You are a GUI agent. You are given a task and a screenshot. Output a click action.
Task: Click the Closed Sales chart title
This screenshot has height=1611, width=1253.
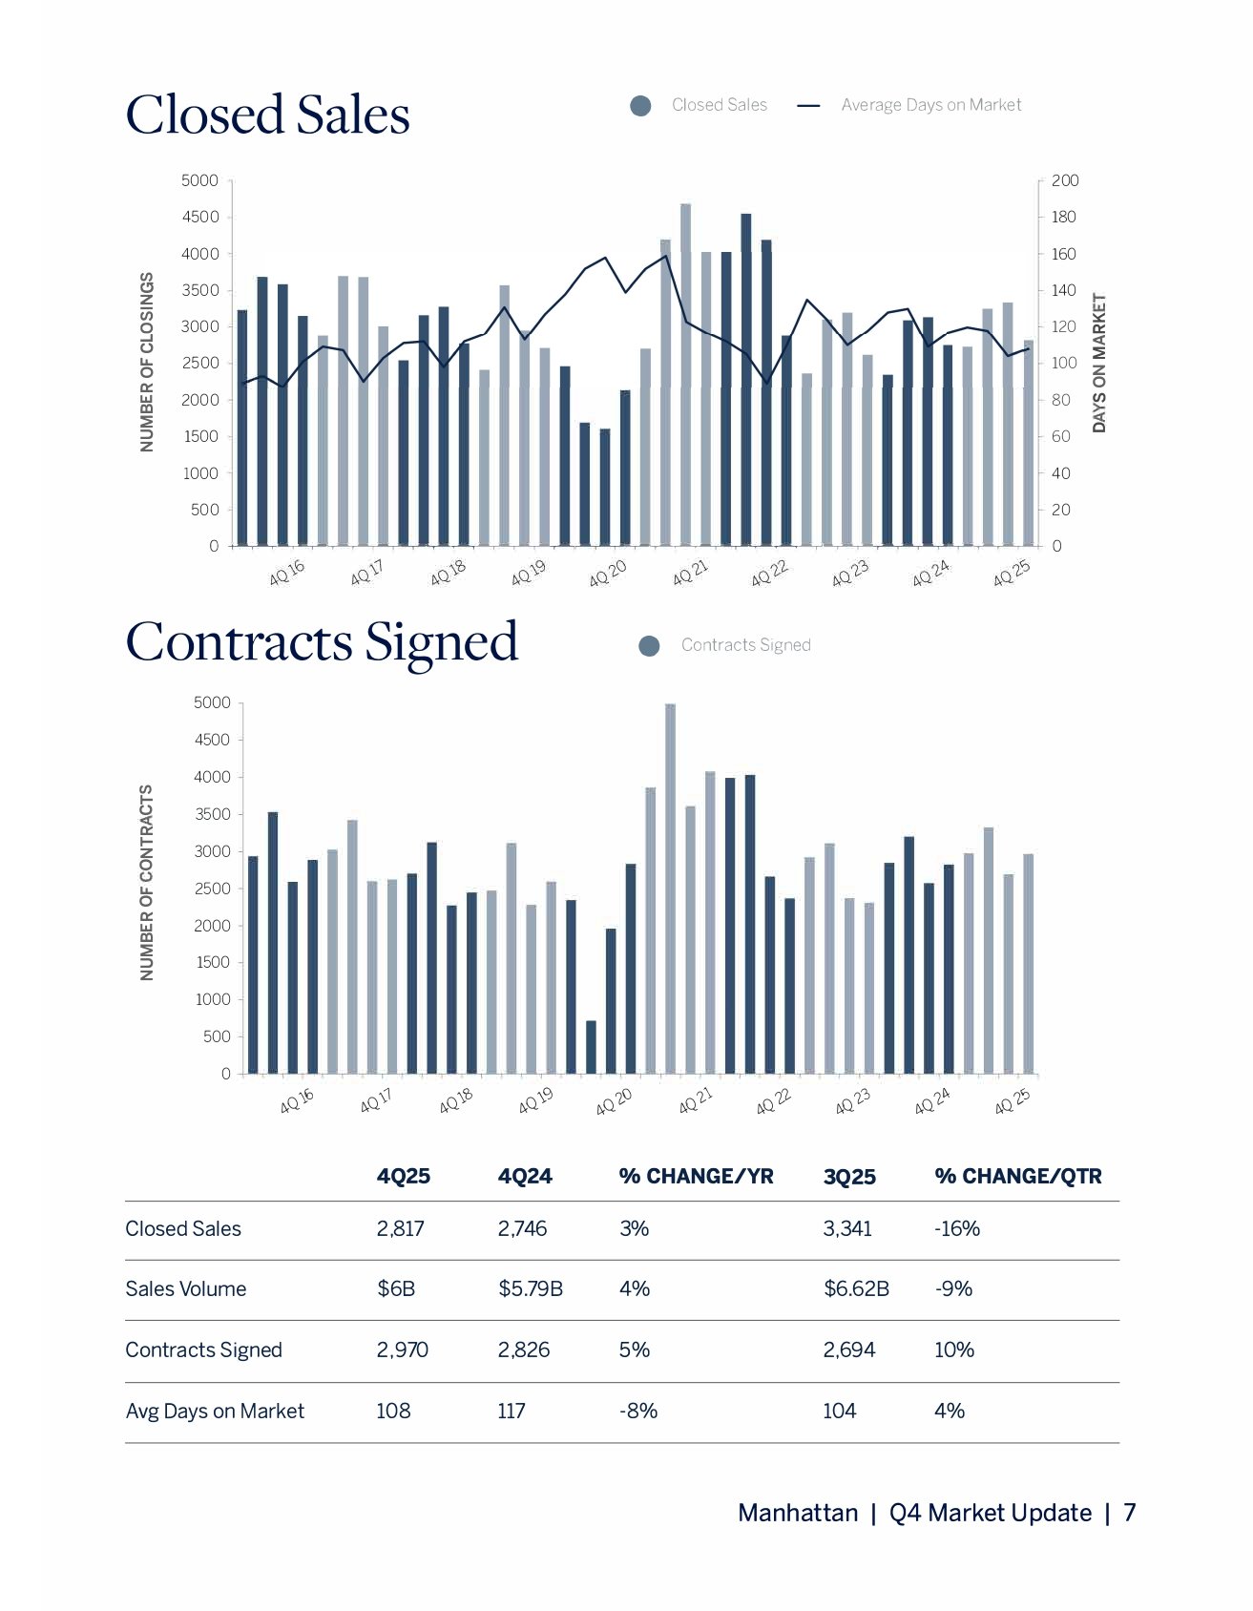(x=267, y=115)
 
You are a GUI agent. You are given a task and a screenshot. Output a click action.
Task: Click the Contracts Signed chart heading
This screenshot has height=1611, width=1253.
(x=322, y=642)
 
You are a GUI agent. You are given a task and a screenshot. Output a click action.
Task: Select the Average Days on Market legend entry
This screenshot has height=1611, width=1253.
(x=930, y=105)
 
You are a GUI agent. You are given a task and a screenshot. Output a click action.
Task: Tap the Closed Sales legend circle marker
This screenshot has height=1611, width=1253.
(x=641, y=106)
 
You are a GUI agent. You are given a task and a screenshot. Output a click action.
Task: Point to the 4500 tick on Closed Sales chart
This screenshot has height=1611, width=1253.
(x=200, y=218)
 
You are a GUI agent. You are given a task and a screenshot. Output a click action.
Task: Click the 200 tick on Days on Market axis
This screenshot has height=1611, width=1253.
(x=1065, y=180)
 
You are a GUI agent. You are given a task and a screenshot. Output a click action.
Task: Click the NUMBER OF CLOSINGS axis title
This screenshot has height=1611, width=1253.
(x=147, y=363)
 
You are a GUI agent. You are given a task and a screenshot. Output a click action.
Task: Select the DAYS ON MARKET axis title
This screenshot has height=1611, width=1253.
(x=1099, y=363)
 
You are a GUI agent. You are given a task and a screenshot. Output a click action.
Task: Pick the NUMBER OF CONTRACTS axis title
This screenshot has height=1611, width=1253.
(x=147, y=883)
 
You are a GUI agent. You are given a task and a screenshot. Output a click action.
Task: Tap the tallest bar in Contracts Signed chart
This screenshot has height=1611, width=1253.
(x=670, y=888)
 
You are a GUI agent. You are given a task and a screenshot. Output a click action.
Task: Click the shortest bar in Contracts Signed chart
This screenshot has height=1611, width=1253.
(x=591, y=1047)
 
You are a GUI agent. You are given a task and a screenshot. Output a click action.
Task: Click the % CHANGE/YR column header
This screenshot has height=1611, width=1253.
(x=696, y=1177)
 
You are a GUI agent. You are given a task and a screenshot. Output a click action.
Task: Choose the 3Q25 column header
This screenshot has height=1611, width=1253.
(x=849, y=1177)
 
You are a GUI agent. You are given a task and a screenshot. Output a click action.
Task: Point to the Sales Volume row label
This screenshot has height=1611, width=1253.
(x=186, y=1289)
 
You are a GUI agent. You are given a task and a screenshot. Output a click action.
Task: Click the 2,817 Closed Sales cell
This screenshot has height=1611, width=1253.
(x=401, y=1229)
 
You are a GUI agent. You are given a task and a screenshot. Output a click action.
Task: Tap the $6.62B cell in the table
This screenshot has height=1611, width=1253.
(x=856, y=1289)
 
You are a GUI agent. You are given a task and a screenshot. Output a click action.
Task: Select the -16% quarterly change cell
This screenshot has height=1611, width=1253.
(x=957, y=1229)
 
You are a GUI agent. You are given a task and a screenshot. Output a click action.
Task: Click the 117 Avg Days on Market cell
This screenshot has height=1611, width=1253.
(x=512, y=1412)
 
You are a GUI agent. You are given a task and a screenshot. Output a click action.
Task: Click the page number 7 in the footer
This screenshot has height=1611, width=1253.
(x=1129, y=1513)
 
